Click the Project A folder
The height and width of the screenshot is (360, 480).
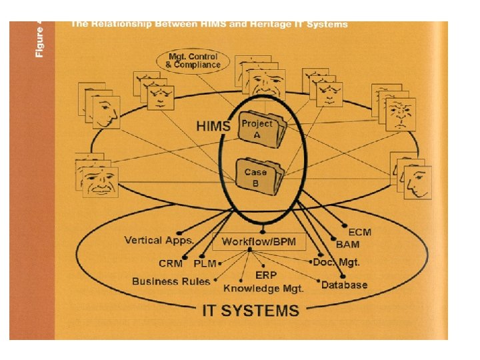(261, 130)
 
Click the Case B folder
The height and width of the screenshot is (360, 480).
(259, 177)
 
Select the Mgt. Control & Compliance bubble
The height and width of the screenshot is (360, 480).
(193, 61)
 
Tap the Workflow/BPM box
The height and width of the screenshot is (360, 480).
(259, 241)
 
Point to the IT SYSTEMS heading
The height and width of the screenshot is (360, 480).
(251, 310)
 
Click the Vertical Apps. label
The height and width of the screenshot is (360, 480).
(159, 240)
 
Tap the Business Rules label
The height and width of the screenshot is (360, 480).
(171, 281)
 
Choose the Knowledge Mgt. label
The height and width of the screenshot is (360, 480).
(263, 288)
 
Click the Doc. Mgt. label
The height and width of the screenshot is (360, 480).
(339, 262)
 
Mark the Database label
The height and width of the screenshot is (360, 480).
(344, 285)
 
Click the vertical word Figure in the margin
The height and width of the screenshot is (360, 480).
(39, 40)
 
